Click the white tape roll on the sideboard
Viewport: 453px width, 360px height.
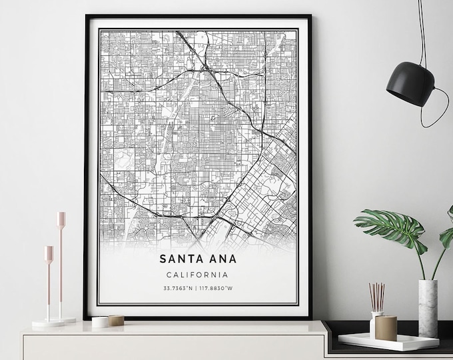click(101, 321)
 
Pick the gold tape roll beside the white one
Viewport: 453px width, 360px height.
click(115, 320)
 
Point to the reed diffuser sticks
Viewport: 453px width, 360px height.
click(378, 297)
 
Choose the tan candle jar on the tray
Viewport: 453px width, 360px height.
click(386, 328)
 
